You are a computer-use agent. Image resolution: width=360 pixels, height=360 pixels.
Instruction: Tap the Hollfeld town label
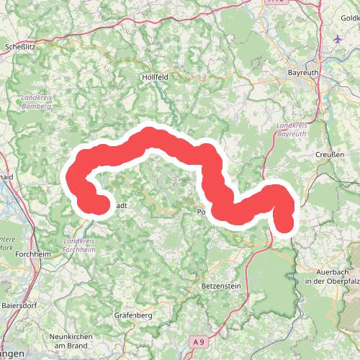point(155,76)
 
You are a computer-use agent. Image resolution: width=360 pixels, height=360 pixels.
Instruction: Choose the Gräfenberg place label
point(134,315)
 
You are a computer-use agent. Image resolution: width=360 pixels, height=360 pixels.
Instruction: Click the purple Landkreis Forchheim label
point(79,245)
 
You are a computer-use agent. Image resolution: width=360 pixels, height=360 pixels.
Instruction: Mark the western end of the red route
point(100,204)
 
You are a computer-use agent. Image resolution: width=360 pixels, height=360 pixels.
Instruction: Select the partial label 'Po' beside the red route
point(202,213)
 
